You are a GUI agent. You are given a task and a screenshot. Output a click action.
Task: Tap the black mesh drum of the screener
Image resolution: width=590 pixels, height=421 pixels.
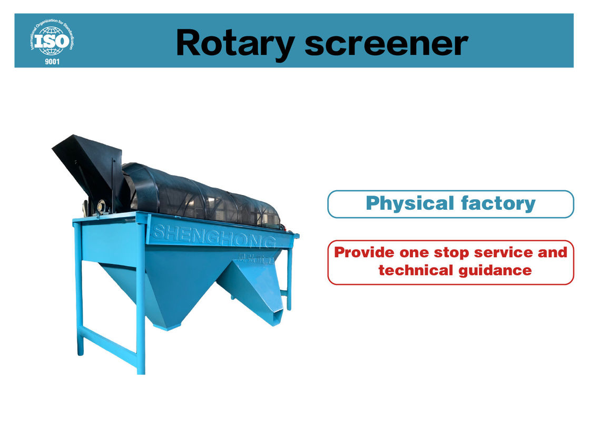[205, 195]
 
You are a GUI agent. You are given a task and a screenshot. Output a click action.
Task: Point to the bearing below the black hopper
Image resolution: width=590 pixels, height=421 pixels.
[102, 205]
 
